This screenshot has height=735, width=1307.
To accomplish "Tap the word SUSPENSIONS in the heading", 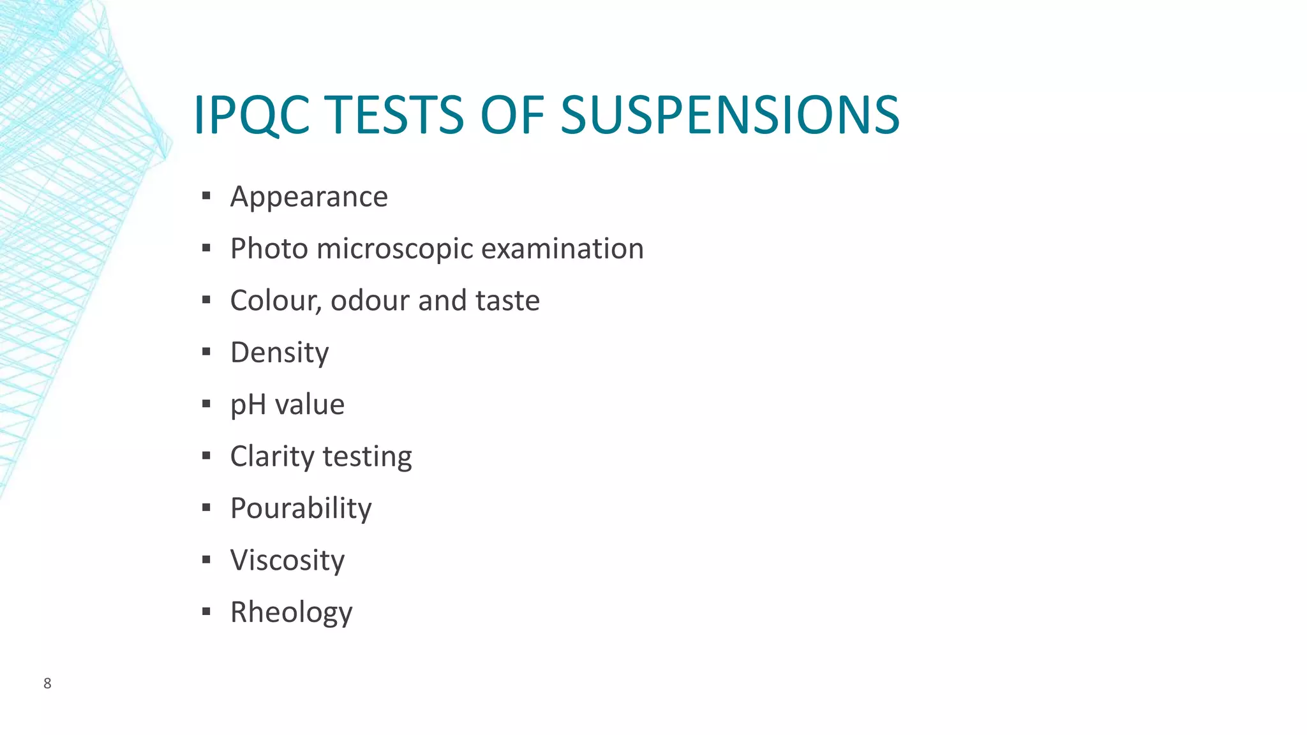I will (729, 115).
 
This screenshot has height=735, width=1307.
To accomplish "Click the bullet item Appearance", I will (309, 197).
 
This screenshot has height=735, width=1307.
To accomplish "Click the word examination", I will (562, 249).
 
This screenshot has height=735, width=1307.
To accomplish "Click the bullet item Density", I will (280, 352).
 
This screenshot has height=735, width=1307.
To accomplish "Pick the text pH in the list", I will (248, 405).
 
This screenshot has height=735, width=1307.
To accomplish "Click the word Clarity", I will (273, 457).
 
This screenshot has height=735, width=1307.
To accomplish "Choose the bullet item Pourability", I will (301, 509).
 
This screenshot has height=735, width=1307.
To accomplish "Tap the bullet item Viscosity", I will (287, 560).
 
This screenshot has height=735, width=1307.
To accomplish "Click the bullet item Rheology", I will (291, 612).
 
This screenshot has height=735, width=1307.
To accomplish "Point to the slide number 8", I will (47, 683).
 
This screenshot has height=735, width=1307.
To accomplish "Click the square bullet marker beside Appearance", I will (206, 196).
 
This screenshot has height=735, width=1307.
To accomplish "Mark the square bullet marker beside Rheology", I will (206, 612).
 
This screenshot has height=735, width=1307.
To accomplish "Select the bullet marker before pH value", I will (206, 404).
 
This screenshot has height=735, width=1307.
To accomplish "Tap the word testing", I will (367, 457).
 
